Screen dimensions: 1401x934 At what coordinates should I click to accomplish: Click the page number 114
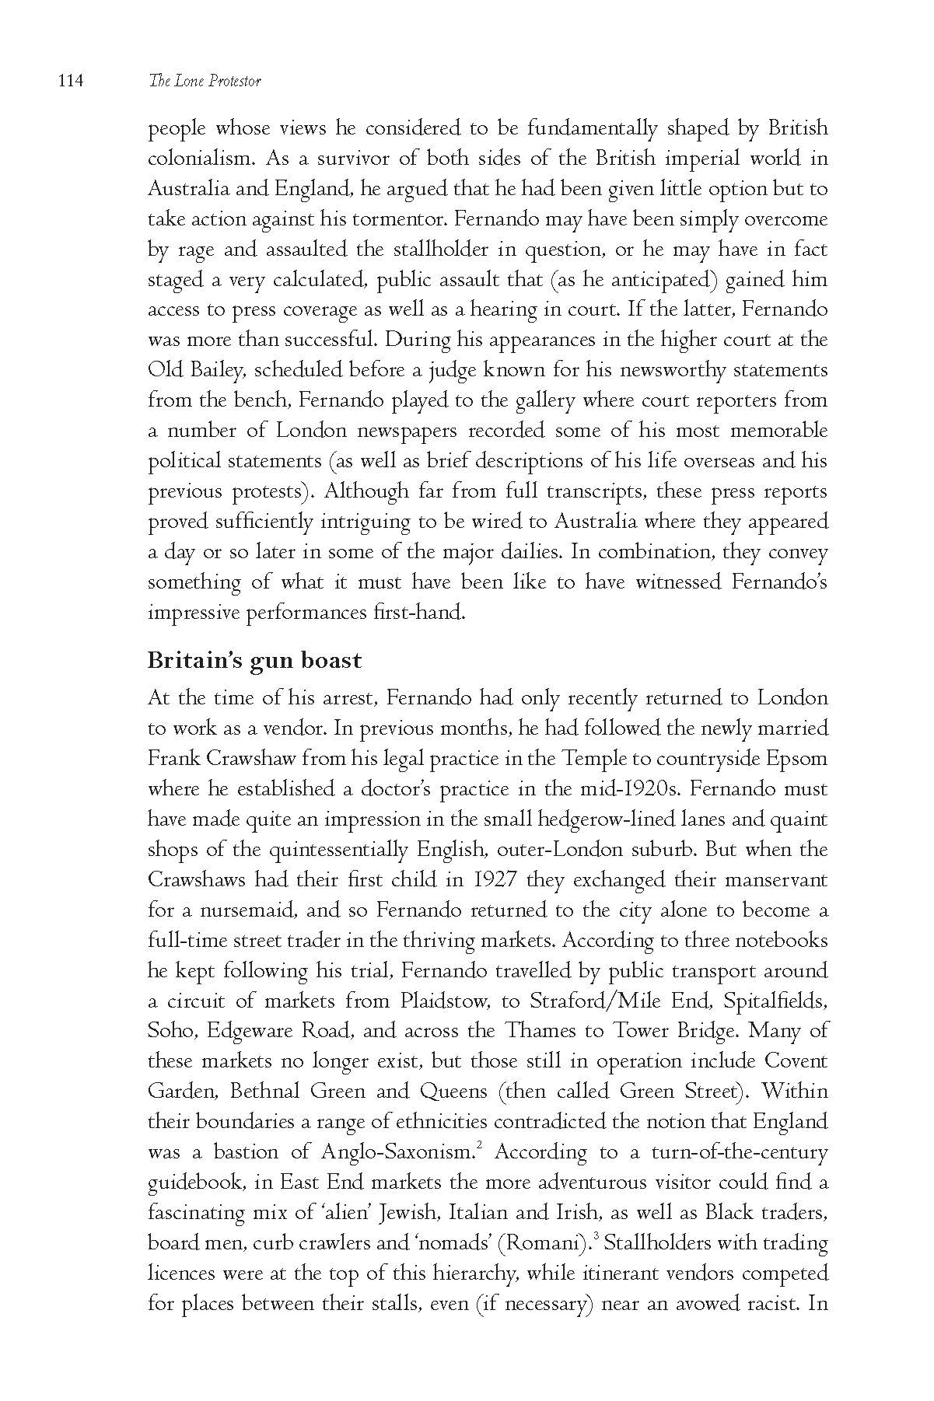coord(69,81)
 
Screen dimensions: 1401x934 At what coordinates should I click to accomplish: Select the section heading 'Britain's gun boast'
coord(254,661)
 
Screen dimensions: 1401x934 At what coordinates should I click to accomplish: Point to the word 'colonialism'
coord(201,159)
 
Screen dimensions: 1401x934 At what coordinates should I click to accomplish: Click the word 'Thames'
coord(538,1031)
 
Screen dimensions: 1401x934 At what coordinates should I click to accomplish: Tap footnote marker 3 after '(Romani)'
coord(595,1236)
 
